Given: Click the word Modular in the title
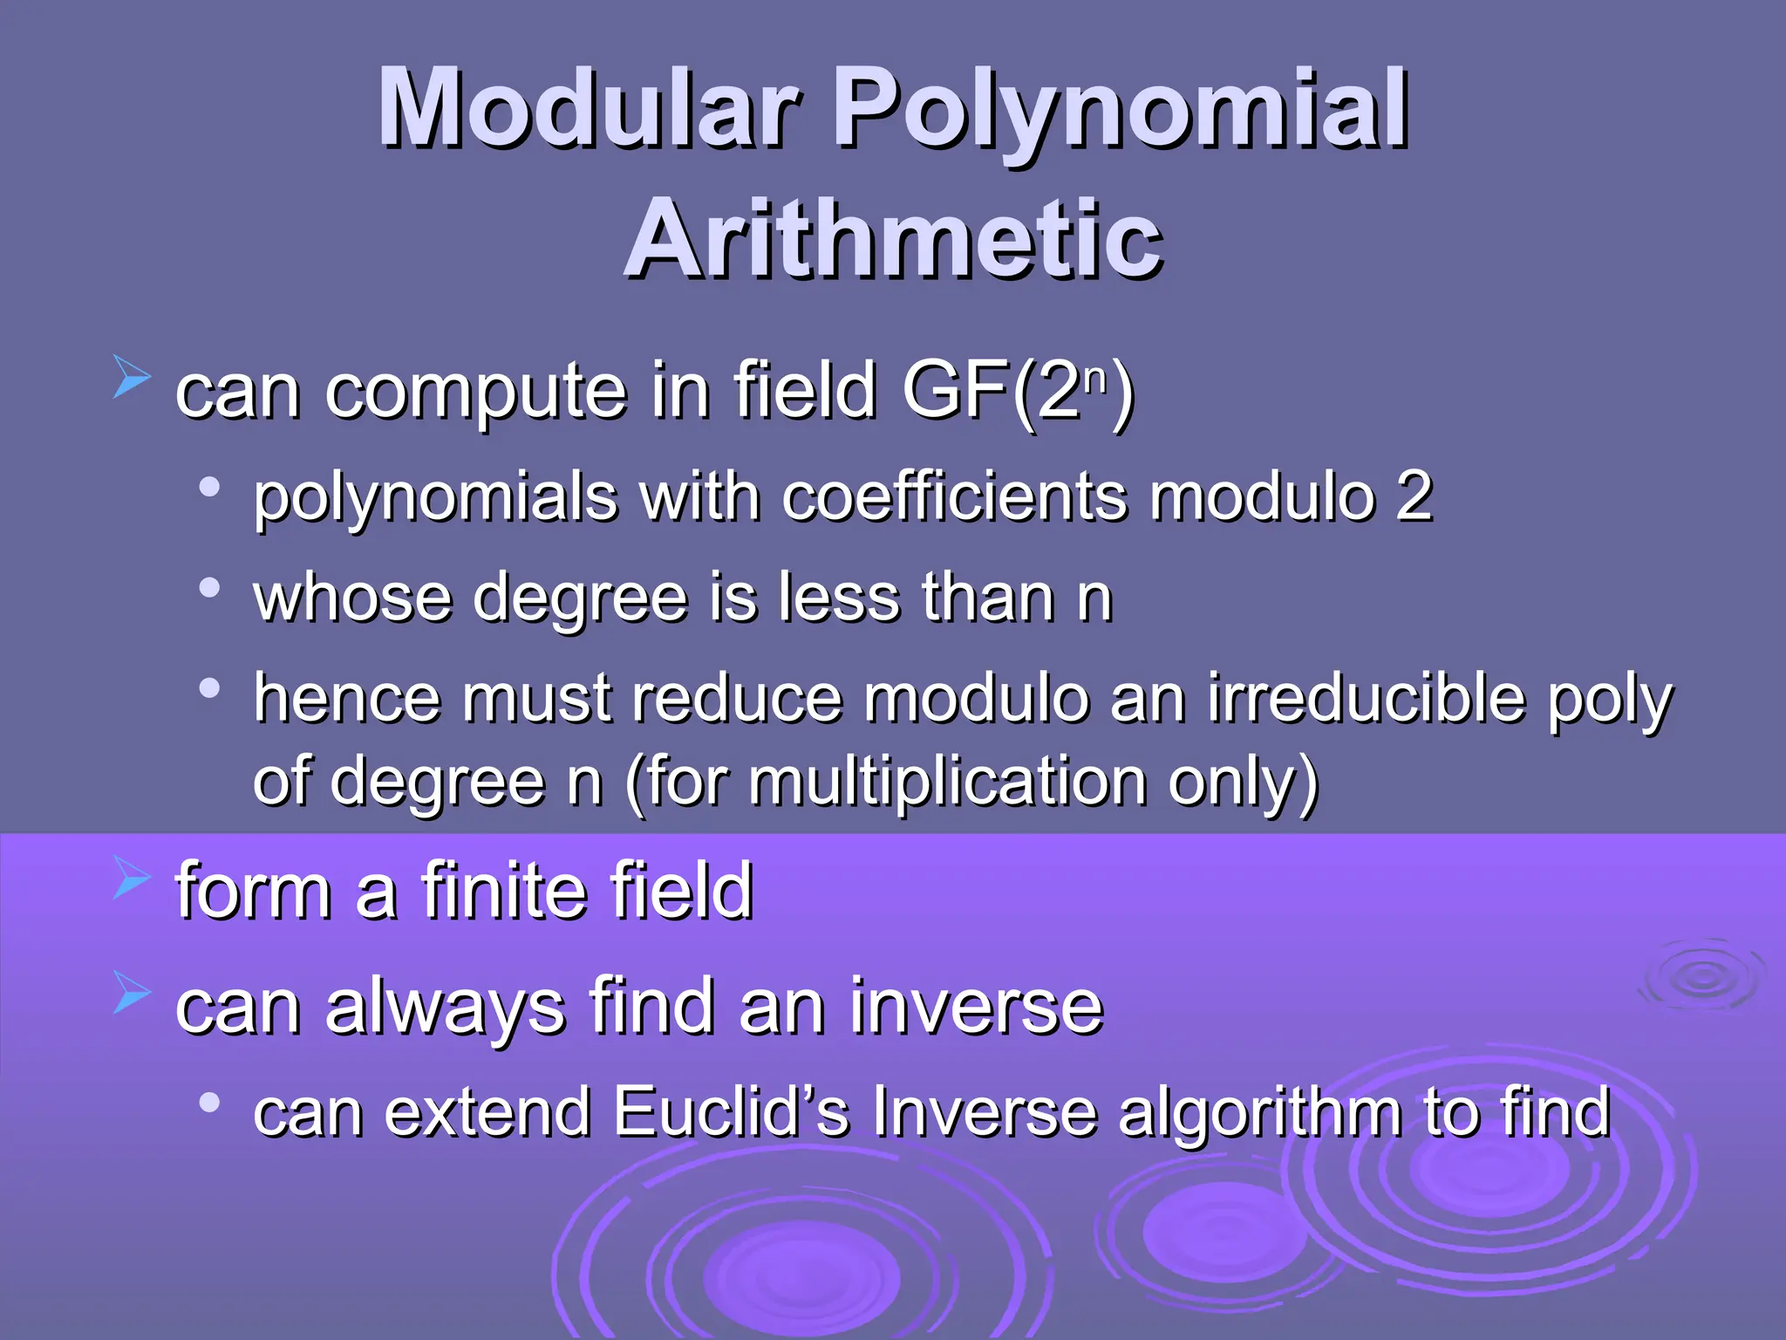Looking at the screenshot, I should (x=589, y=109).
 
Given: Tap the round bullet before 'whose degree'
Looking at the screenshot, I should (x=208, y=587).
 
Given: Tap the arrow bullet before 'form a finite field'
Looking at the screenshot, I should (x=132, y=877).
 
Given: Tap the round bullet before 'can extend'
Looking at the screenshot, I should (x=208, y=1103).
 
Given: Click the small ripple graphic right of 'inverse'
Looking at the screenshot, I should (x=1701, y=977).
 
